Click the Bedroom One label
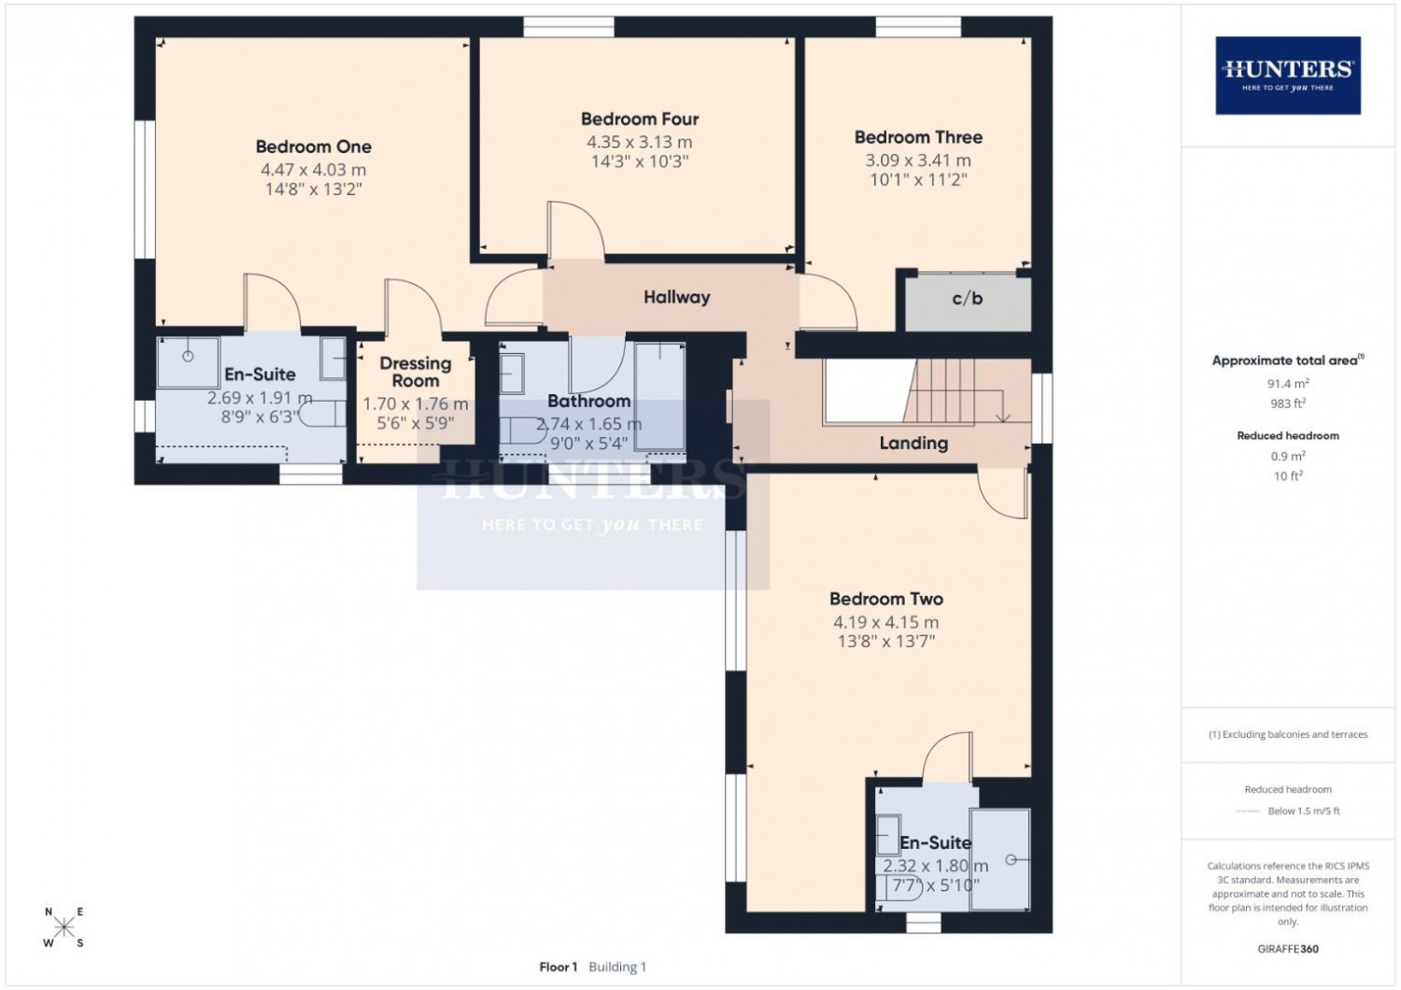point(313,147)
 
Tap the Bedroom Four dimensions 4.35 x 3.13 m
point(639,143)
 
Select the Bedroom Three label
point(918,137)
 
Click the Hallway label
point(677,297)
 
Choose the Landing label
point(913,444)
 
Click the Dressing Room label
point(416,372)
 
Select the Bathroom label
point(588,401)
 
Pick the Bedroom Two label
point(886,599)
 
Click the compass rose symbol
point(64,926)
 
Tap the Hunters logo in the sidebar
point(1288,75)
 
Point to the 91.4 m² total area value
point(1288,383)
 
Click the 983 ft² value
point(1288,403)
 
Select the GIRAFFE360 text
point(1288,949)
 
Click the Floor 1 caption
point(558,967)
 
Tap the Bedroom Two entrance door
point(1002,493)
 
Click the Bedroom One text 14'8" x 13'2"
point(313,189)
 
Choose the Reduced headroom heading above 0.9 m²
point(1288,436)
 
